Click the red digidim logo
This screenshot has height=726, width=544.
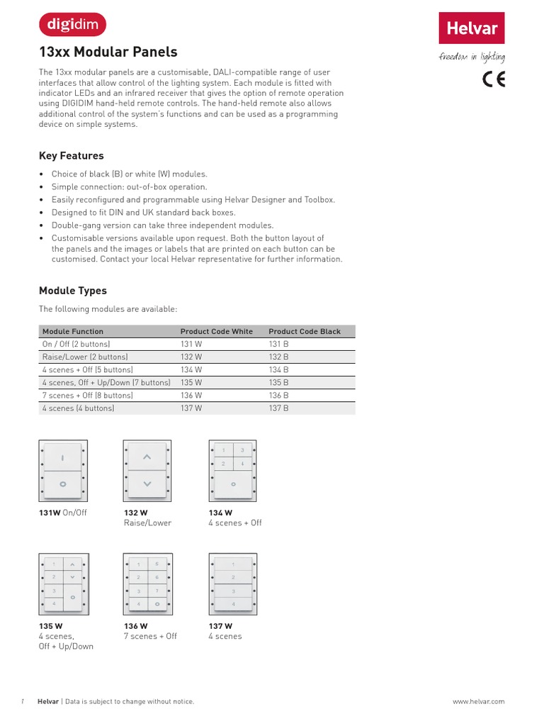point(72,25)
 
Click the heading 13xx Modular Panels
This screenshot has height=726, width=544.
point(108,52)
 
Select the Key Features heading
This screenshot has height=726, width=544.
point(71,156)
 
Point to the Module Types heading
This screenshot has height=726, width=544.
point(73,291)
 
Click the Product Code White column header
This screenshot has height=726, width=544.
point(216,331)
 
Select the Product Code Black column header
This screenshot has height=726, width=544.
point(305,331)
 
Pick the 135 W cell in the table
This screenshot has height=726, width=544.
point(191,382)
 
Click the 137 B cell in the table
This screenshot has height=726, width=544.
point(279,408)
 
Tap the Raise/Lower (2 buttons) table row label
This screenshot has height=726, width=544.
point(85,357)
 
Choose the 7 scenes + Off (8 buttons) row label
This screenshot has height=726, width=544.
point(88,395)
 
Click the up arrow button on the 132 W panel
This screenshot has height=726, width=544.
point(147,457)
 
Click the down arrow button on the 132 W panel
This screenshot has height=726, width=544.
point(147,484)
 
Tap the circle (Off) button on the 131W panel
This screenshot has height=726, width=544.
point(62,484)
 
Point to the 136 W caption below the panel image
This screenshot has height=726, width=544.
point(136,626)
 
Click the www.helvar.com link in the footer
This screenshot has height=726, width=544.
point(478,701)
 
